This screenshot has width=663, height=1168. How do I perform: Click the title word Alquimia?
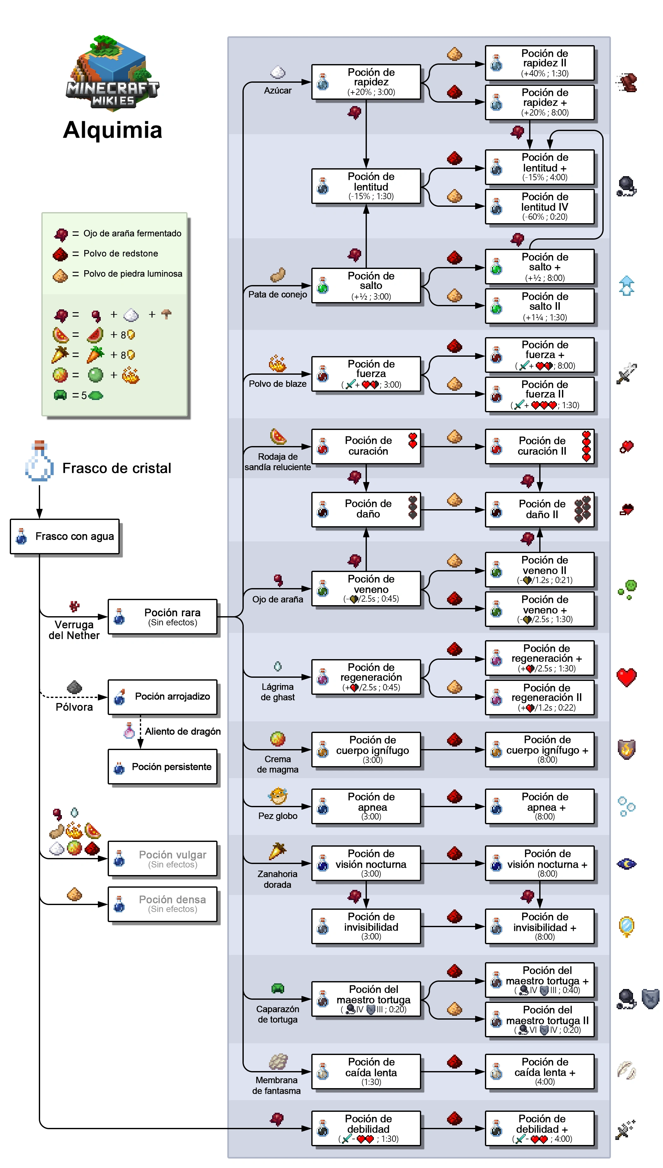click(112, 130)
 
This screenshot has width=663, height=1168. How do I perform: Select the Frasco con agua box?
click(65, 536)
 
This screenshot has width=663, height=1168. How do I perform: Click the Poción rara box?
click(163, 617)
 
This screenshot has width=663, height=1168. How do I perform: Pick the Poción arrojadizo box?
click(163, 696)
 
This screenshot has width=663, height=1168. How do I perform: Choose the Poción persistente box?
click(163, 767)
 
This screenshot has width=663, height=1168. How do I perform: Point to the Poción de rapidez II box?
click(540, 63)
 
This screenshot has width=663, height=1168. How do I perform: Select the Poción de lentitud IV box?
click(540, 207)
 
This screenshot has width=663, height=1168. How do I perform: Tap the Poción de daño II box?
click(540, 510)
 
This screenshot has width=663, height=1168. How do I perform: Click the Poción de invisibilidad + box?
click(540, 926)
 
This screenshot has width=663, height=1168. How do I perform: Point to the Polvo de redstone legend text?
click(121, 253)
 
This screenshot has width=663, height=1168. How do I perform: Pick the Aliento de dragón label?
click(182, 731)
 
